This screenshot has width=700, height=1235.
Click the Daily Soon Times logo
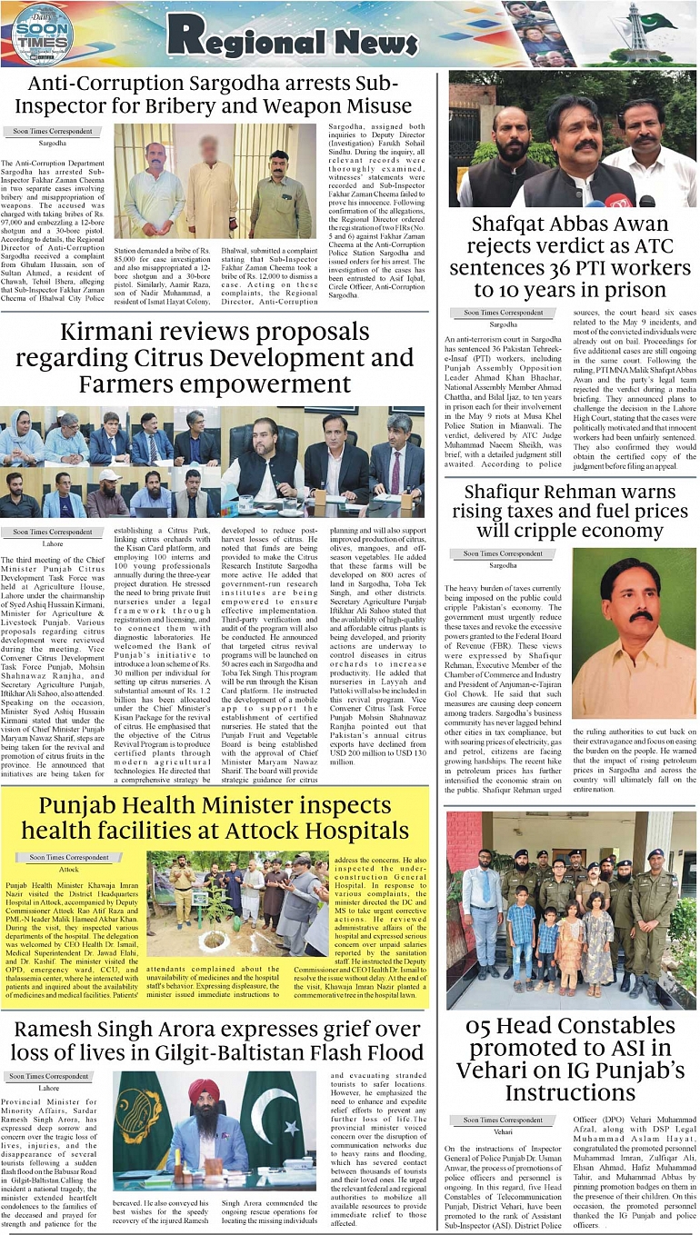point(41,34)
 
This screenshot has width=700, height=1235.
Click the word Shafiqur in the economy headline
point(509,493)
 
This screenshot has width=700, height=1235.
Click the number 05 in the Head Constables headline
point(486,1026)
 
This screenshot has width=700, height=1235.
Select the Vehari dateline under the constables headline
point(503,1132)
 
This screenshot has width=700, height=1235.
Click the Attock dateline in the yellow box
point(69,869)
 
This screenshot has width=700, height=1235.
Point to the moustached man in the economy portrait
point(633,618)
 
